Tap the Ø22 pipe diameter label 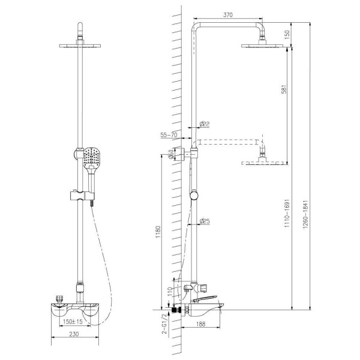(x=205, y=124)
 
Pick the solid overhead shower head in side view (x=262, y=45)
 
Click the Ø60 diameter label (x=171, y=155)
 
